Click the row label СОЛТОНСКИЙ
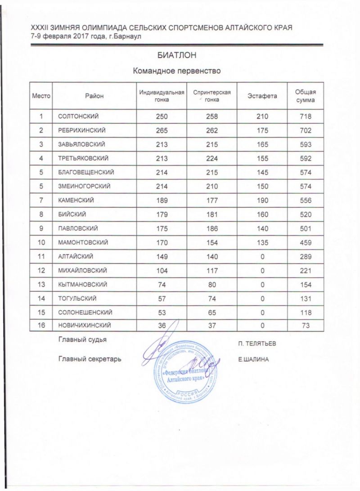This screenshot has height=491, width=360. (x=78, y=117)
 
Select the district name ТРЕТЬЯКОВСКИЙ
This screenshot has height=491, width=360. (x=84, y=158)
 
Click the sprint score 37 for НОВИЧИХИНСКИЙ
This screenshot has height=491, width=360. (x=211, y=325)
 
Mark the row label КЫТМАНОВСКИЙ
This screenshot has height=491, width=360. (x=82, y=283)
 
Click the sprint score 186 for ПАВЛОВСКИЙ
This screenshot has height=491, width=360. (x=211, y=228)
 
